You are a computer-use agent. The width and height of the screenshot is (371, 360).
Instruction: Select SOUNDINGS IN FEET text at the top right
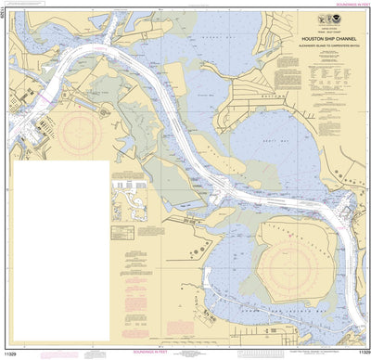click(340, 4)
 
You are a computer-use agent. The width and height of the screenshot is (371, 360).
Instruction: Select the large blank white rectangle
click(59, 247)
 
